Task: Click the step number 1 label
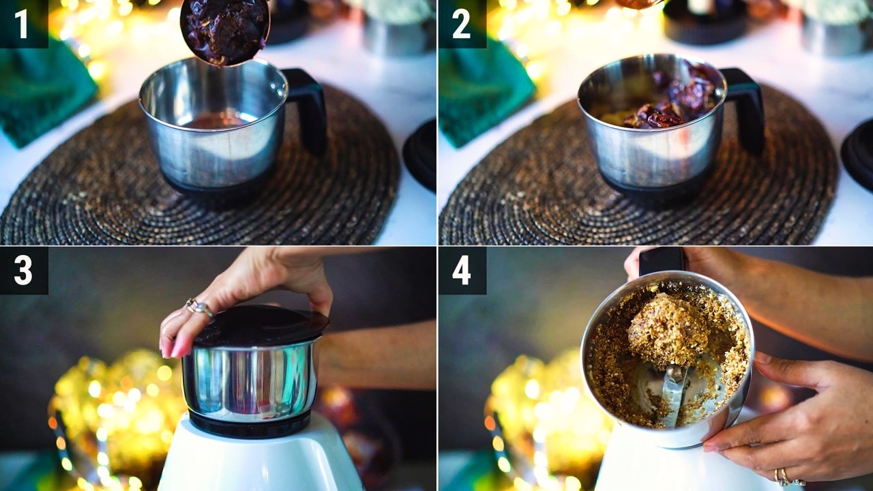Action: [21, 24]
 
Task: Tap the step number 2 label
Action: [462, 24]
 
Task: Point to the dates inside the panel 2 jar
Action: [675, 100]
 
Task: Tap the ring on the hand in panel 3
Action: [198, 307]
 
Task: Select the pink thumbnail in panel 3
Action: [180, 348]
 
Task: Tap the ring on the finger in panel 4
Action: [781, 477]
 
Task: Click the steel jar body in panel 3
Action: [250, 380]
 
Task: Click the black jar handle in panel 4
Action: [662, 261]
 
